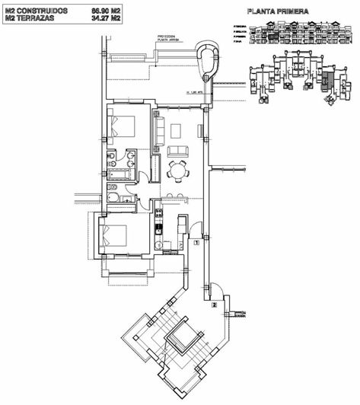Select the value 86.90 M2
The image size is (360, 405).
tap(106, 11)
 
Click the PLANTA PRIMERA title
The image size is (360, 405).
tap(277, 12)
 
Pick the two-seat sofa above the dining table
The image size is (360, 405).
tap(177, 148)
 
